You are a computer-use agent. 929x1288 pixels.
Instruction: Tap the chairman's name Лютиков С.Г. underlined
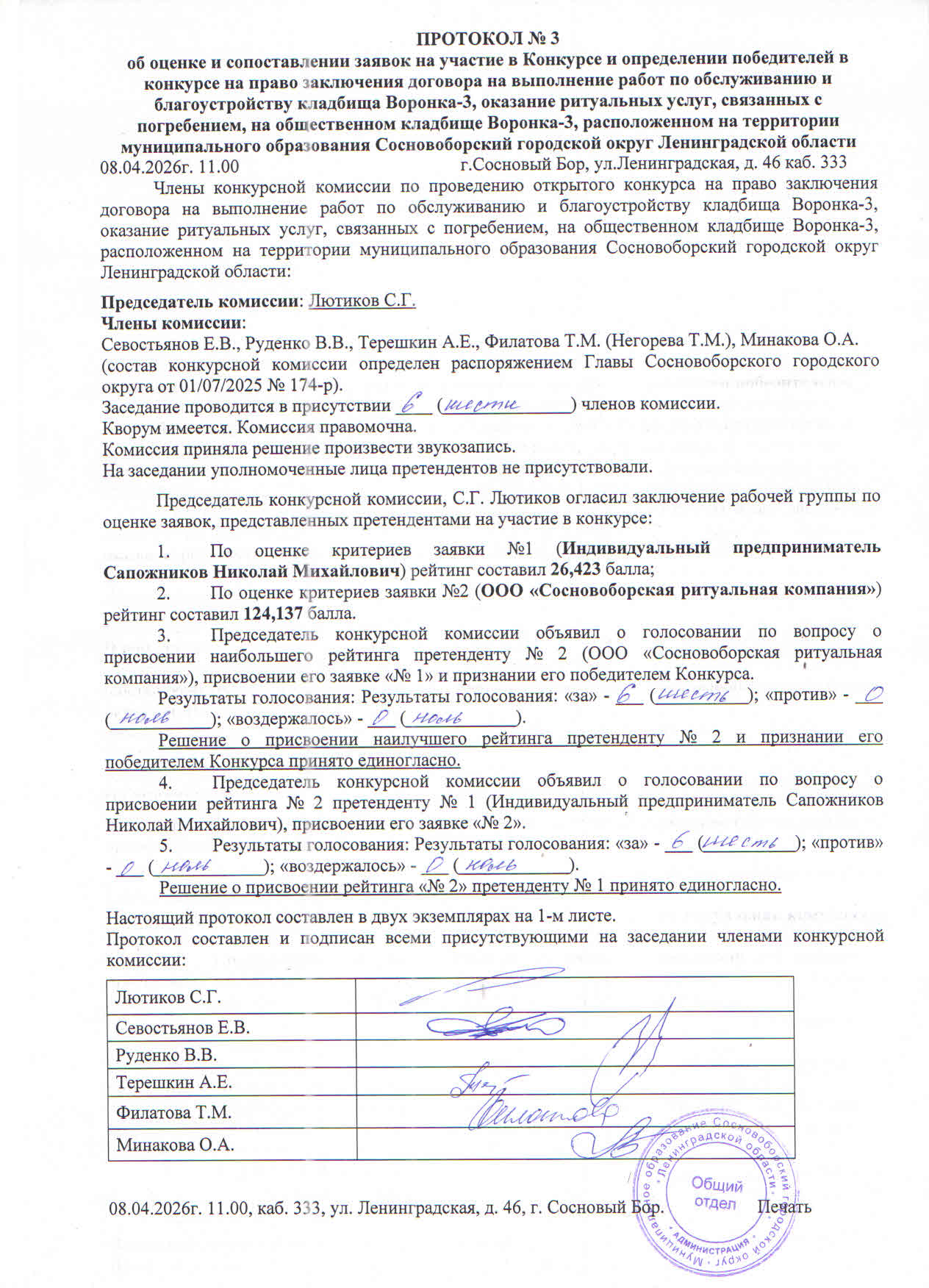pyautogui.click(x=362, y=301)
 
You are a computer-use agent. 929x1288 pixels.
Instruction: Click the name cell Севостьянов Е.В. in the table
pyautogui.click(x=182, y=1028)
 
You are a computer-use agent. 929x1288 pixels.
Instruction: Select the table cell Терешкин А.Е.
pyautogui.click(x=173, y=1082)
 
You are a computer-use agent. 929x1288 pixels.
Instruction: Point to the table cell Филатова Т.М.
pyautogui.click(x=173, y=1112)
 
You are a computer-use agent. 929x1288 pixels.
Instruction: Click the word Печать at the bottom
pyautogui.click(x=784, y=1207)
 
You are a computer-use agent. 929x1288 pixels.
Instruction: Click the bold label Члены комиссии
pyautogui.click(x=172, y=321)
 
